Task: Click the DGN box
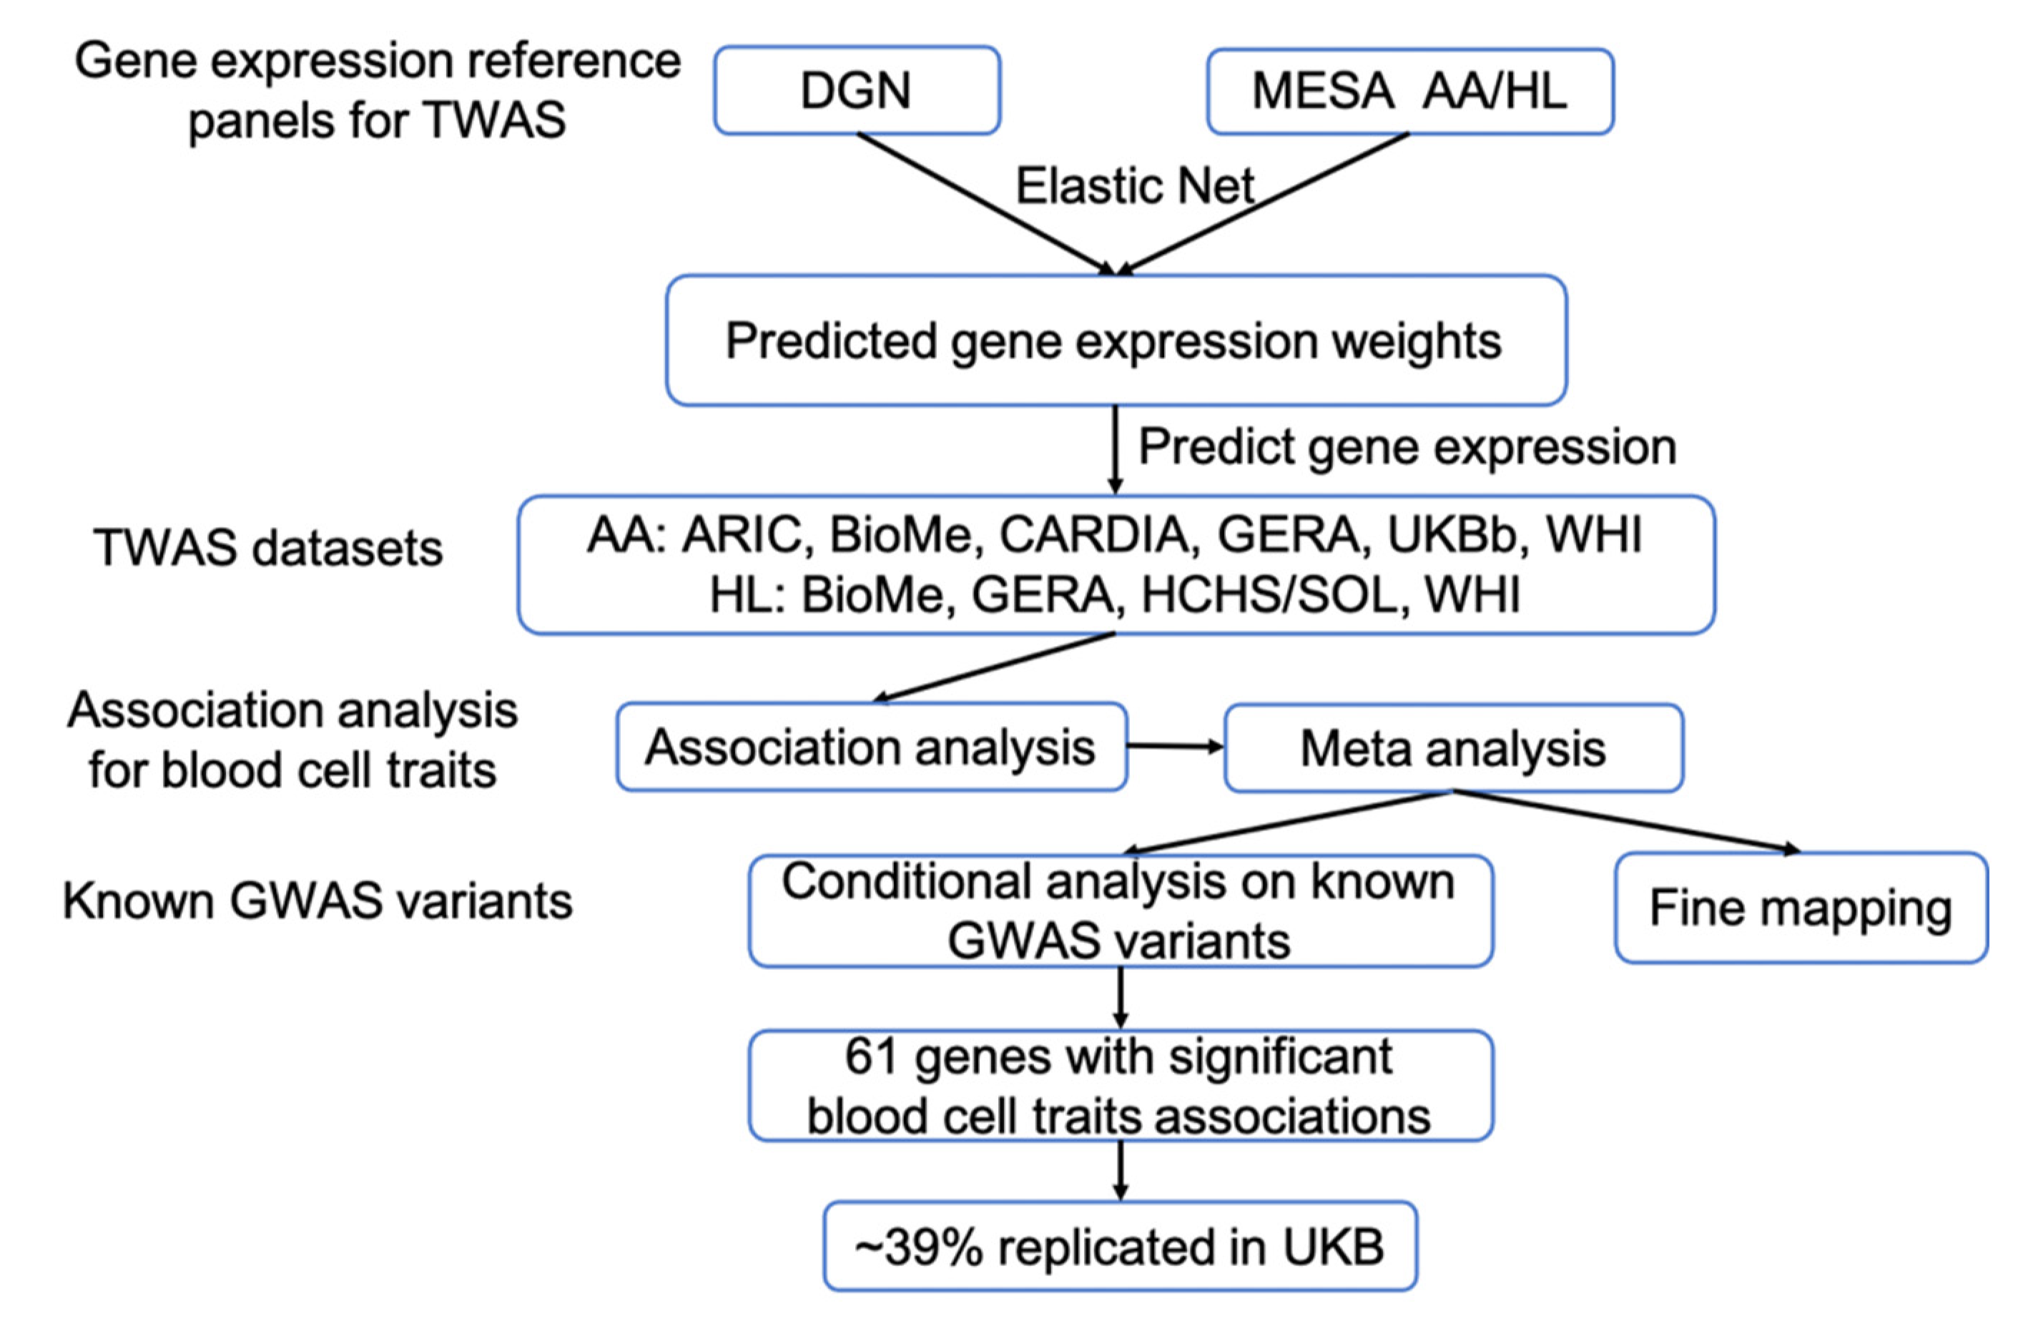[x=856, y=90]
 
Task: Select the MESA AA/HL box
[x=1409, y=91]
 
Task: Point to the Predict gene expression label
[x=1406, y=447]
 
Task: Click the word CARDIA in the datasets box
[x=1093, y=535]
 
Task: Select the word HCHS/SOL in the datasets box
[x=1269, y=594]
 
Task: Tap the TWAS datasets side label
[x=268, y=548]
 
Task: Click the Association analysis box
[x=870, y=747]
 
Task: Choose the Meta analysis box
[x=1452, y=748]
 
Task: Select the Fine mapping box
[x=1800, y=908]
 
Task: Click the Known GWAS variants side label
[x=317, y=901]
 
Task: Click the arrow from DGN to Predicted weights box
[x=985, y=204]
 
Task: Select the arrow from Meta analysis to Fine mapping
[x=1627, y=821]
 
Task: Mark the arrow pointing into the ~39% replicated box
[x=1120, y=1171]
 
